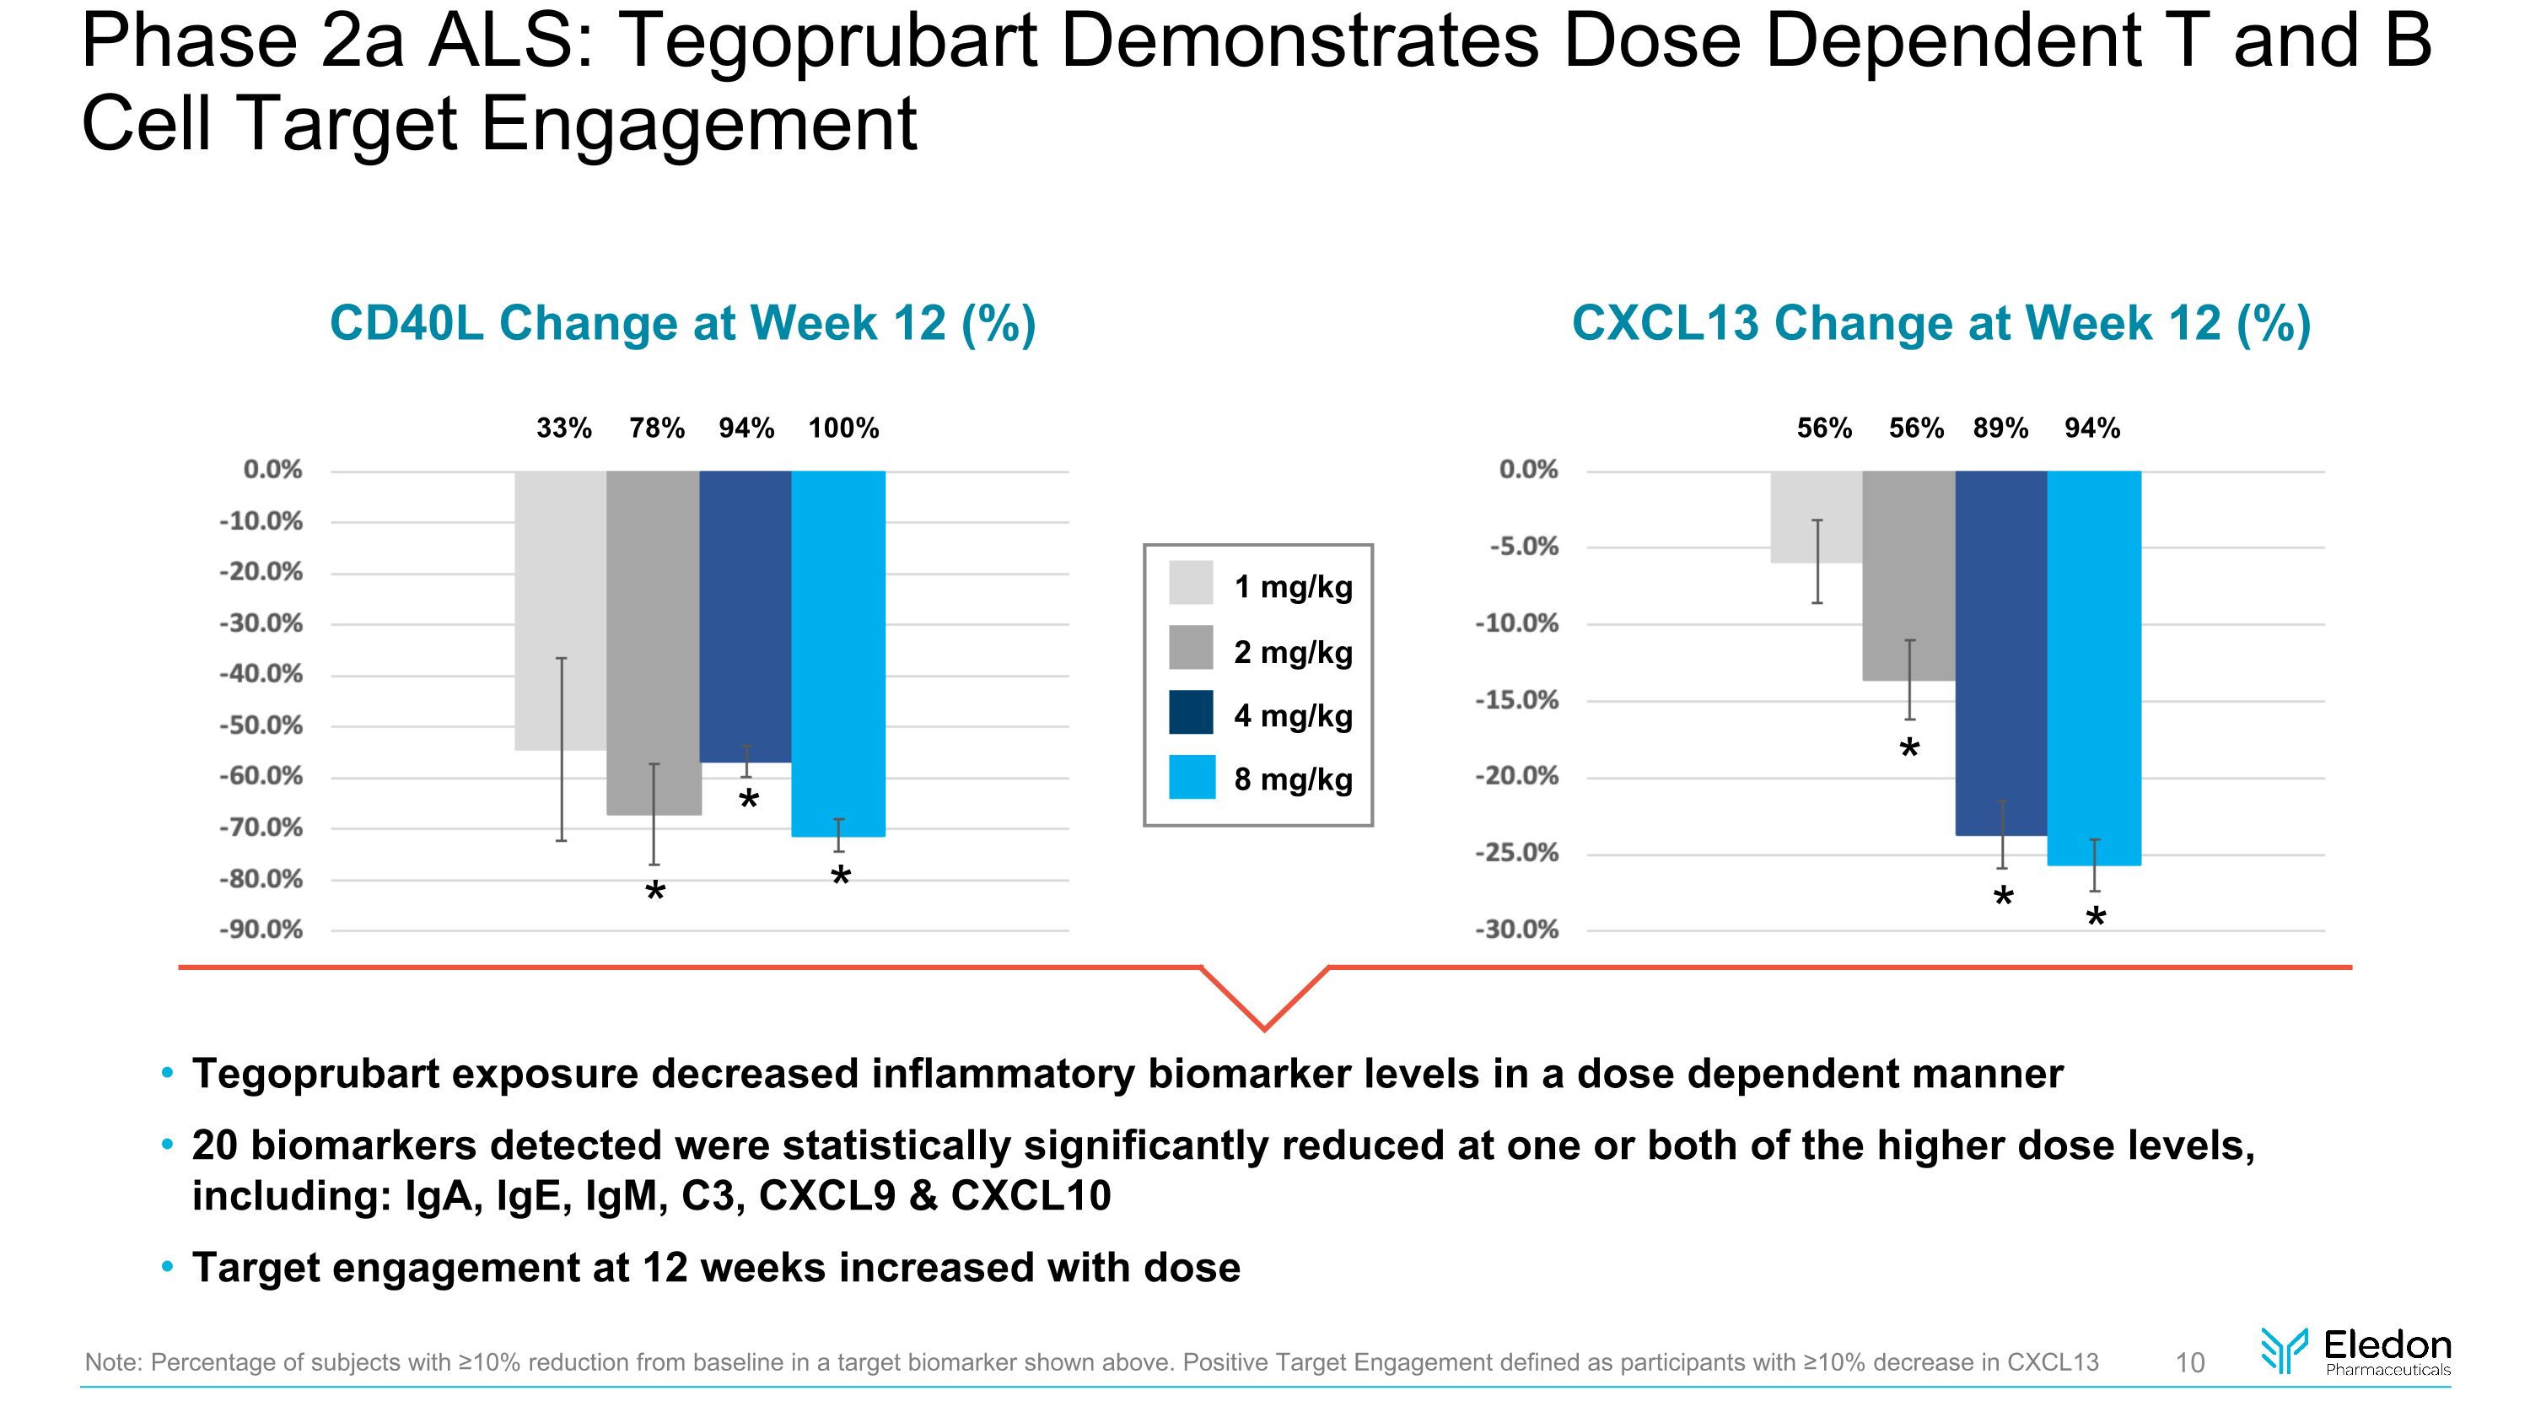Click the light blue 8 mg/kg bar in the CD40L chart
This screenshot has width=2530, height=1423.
(x=837, y=648)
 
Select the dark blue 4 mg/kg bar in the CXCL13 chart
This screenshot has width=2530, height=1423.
(x=2000, y=648)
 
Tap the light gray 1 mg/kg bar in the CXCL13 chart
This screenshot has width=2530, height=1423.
(x=1816, y=515)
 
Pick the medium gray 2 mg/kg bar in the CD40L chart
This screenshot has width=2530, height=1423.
(x=653, y=639)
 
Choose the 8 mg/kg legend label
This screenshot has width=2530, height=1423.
(x=1293, y=779)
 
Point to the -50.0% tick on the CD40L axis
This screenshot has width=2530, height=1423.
(x=261, y=725)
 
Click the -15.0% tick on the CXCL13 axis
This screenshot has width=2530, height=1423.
(x=1516, y=700)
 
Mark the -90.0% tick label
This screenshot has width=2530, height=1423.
(x=261, y=930)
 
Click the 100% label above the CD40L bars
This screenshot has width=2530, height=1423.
(x=842, y=429)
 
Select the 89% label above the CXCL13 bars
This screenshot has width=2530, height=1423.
(x=2000, y=429)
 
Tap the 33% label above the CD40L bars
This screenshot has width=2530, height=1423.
(x=563, y=429)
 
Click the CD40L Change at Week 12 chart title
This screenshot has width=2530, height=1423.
(x=682, y=323)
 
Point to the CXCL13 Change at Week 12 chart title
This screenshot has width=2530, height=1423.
(x=1941, y=323)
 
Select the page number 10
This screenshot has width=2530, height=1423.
(x=2190, y=1362)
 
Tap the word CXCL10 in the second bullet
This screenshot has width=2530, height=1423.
(x=1031, y=1196)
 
